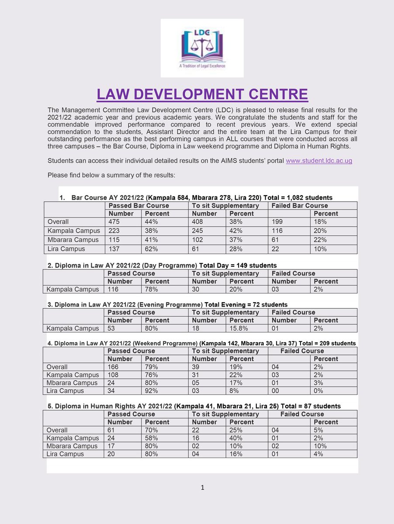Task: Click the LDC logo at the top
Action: pyautogui.click(x=201, y=48)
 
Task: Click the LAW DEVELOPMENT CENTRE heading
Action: pyautogui.click(x=202, y=95)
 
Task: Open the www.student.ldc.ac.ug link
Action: pyautogui.click(x=319, y=161)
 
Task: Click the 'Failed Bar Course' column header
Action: pyautogui.click(x=299, y=206)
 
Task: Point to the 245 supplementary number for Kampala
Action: pyautogui.click(x=199, y=231)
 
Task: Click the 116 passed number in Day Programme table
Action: pyautogui.click(x=114, y=289)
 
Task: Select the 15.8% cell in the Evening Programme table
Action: pyautogui.click(x=239, y=328)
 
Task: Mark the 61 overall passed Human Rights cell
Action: pyautogui.click(x=112, y=430)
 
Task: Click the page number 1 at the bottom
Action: pyautogui.click(x=202, y=488)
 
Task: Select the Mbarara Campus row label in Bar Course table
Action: pyautogui.click(x=73, y=240)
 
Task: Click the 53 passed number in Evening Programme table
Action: pyautogui.click(x=112, y=328)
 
